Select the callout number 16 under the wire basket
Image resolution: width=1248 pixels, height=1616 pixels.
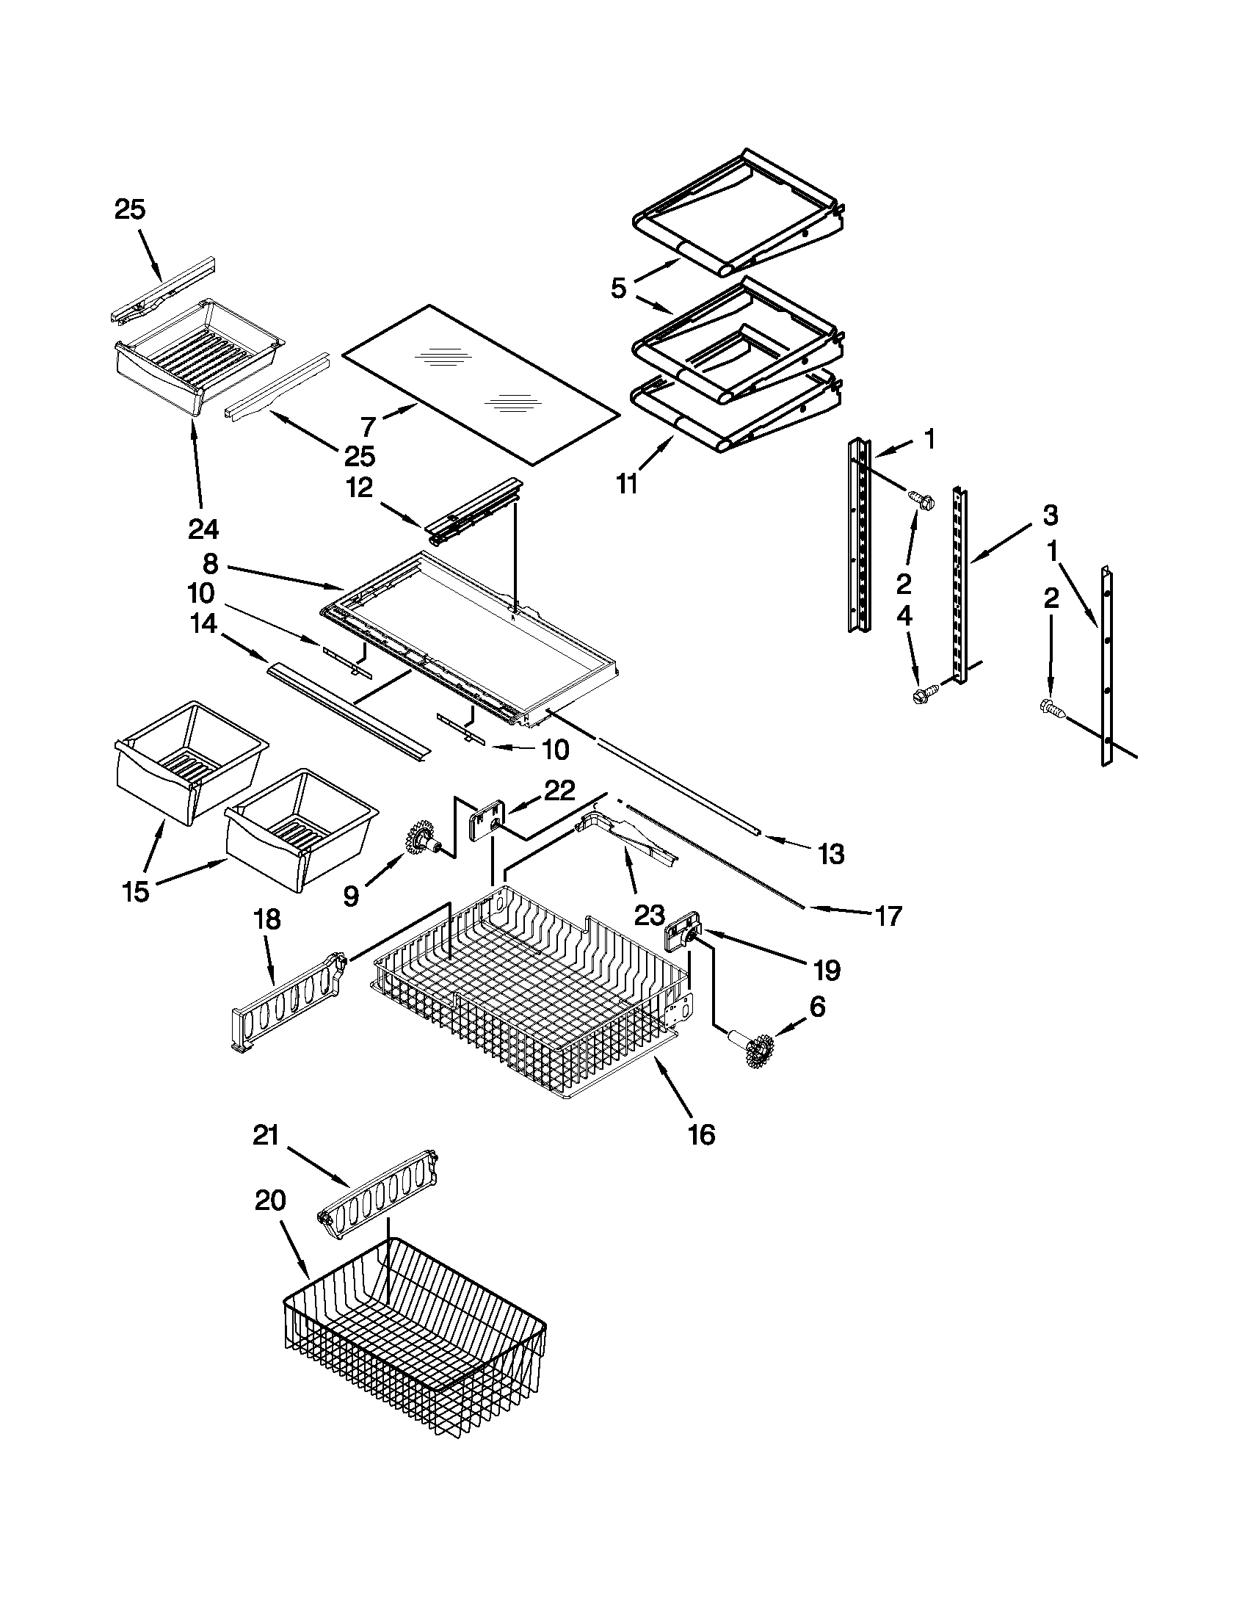(701, 1134)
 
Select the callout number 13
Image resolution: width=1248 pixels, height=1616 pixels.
(832, 854)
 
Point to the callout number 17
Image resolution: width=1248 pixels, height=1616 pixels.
(888, 916)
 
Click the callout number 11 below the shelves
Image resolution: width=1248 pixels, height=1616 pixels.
(627, 485)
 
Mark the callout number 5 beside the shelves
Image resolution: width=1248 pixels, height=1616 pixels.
(618, 288)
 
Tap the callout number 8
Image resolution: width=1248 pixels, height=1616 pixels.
(210, 565)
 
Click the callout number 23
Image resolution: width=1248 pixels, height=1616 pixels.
(650, 916)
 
